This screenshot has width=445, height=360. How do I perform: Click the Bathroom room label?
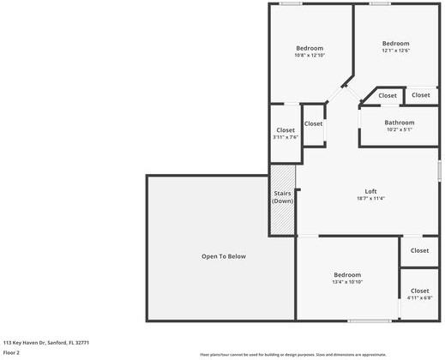[399, 123]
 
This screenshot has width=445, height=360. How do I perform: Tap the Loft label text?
[370, 191]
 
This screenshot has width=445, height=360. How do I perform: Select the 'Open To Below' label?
[223, 256]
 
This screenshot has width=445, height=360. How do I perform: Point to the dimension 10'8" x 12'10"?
[310, 56]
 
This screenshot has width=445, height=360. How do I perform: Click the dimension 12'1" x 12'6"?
[395, 51]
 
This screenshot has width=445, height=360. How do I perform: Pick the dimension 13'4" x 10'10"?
[347, 282]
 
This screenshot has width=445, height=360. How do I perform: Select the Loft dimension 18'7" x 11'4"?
[370, 199]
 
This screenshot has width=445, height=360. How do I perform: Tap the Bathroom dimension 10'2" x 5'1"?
[399, 130]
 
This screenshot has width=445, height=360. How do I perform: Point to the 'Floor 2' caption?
[12, 352]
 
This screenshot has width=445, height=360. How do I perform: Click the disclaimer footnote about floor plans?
[292, 354]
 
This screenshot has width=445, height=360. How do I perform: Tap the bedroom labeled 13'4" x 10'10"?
[347, 274]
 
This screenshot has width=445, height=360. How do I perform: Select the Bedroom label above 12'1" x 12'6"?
[395, 43]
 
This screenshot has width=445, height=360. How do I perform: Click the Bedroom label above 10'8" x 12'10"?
[310, 48]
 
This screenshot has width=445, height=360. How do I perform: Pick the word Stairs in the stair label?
[283, 193]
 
